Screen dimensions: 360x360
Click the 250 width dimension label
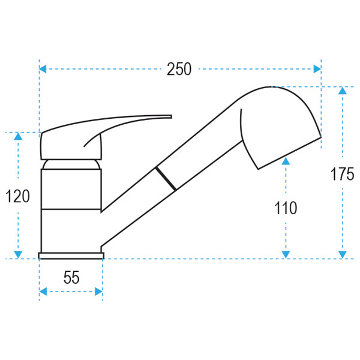[x=179, y=70]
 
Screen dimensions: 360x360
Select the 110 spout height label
[x=286, y=208]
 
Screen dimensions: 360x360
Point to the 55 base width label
[x=71, y=278]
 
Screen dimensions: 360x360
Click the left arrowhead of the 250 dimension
[x=43, y=70]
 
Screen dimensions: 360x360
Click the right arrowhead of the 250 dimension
[x=317, y=70]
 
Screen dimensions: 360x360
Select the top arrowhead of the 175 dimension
[x=342, y=91]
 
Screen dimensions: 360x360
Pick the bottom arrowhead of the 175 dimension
[x=342, y=254]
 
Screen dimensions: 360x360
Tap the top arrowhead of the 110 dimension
[x=286, y=160]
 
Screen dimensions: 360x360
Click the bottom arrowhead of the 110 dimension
[x=286, y=254]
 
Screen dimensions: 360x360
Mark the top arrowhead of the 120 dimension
[x=18, y=136]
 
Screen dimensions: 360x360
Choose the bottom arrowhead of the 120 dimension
[x=18, y=254]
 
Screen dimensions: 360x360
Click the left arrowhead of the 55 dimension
[x=43, y=292]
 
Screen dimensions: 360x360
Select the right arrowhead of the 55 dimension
[x=98, y=292]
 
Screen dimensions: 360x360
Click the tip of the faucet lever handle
[x=170, y=116]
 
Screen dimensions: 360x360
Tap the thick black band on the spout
[x=166, y=179]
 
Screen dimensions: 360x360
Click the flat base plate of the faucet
[x=71, y=256]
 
